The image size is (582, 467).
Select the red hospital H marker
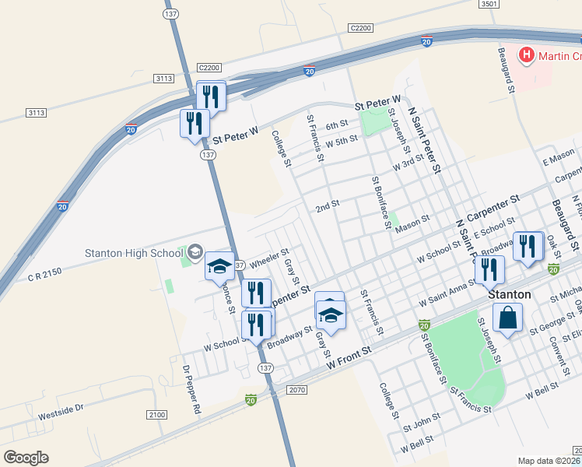click(527, 55)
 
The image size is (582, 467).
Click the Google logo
click(26, 458)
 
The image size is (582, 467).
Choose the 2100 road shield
click(156, 415)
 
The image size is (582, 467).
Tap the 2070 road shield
click(297, 389)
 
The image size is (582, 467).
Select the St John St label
click(421, 423)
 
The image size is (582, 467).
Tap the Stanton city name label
click(509, 295)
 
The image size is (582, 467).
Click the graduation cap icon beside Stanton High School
click(219, 265)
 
